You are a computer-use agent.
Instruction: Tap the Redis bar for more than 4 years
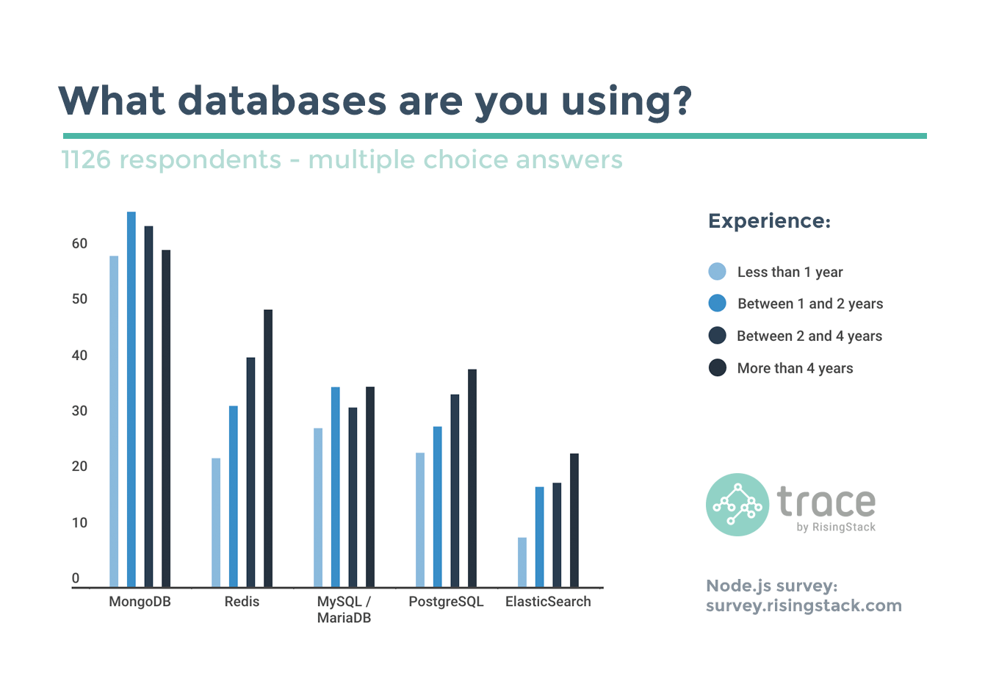tap(268, 448)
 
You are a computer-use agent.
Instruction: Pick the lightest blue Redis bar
tap(216, 522)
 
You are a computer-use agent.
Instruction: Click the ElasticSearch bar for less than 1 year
tap(522, 562)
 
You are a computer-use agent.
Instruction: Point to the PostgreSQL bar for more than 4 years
tap(472, 478)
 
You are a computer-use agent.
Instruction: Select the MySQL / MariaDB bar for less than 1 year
tap(318, 507)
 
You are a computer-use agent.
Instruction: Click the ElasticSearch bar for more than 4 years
tap(574, 520)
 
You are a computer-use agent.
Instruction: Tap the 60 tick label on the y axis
tap(79, 243)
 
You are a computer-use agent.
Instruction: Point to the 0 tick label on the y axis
tap(76, 578)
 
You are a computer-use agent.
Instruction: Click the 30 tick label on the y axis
tap(79, 411)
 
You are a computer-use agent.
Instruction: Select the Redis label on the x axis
tap(242, 602)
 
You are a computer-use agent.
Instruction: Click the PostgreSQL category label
tap(446, 602)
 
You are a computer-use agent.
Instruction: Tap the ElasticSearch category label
tap(548, 602)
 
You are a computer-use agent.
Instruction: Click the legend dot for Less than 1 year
tap(717, 272)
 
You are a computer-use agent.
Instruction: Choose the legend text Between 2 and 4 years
tap(809, 336)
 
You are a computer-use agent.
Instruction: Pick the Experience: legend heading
tap(769, 221)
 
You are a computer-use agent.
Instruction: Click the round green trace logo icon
tap(737, 504)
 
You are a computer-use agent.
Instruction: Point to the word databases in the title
tap(282, 101)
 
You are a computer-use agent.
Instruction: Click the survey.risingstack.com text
tap(804, 605)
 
